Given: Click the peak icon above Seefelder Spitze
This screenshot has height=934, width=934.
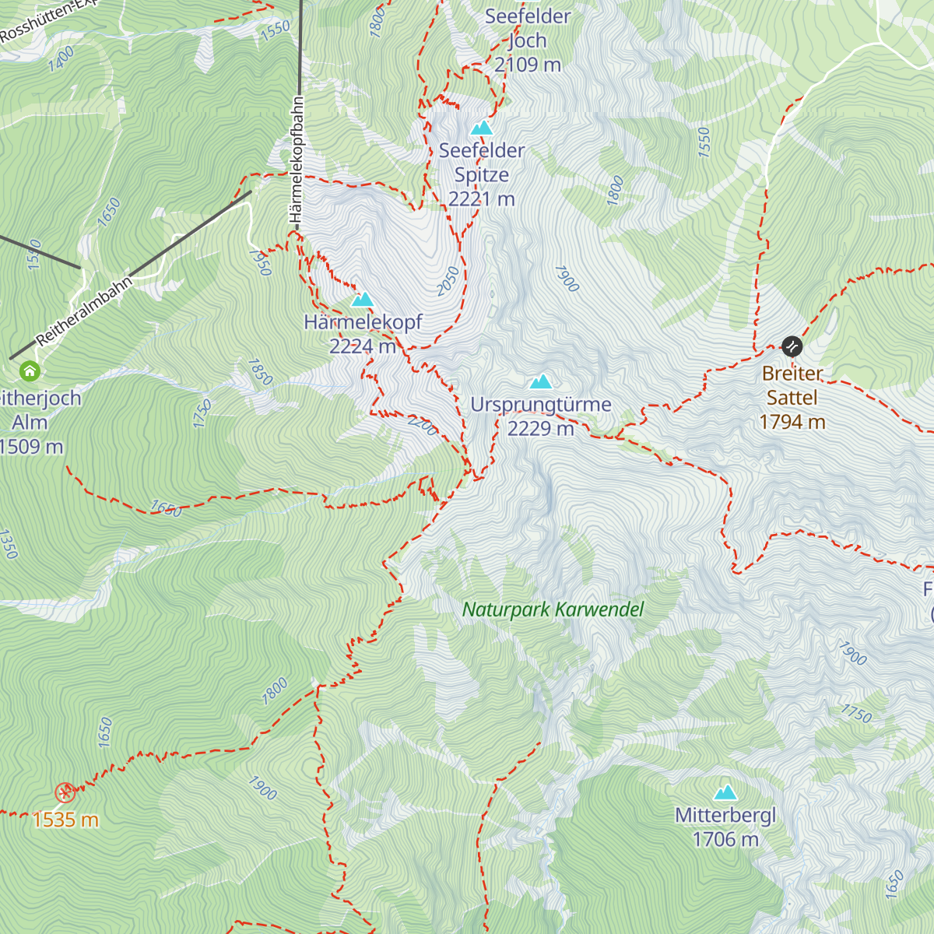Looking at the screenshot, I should pos(482,128).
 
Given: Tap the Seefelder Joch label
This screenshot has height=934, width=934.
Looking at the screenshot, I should pos(528,28).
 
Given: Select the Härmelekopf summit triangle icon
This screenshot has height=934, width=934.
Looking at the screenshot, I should pos(362,300).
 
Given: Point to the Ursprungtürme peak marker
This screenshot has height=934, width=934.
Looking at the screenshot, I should pos(541,381).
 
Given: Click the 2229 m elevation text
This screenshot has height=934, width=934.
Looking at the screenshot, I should pos(540,429).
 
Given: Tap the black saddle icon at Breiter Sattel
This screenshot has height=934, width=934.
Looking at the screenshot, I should pos(792,346).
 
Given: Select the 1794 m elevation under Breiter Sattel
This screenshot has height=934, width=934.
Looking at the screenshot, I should pos(792,422).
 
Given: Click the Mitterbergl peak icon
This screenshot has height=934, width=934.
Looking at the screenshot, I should pos(725,792).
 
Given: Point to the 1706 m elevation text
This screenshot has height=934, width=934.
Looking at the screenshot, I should pos(725,840).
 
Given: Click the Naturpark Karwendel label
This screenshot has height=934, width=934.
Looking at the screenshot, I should pos(553,609).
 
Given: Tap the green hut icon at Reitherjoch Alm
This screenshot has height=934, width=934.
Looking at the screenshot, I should pos(30,371).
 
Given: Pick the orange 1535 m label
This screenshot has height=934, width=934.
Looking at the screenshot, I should pos(65,820).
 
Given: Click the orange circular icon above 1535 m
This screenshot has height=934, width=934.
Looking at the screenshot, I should pos(65,793).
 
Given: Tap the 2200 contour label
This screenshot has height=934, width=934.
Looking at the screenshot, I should pos(423,425).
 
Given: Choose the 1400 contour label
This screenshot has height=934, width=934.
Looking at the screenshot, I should pos(61,59).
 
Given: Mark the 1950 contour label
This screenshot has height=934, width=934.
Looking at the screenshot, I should pos(260,262).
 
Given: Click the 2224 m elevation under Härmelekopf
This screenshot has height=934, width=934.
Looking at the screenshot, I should pos(362,346).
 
